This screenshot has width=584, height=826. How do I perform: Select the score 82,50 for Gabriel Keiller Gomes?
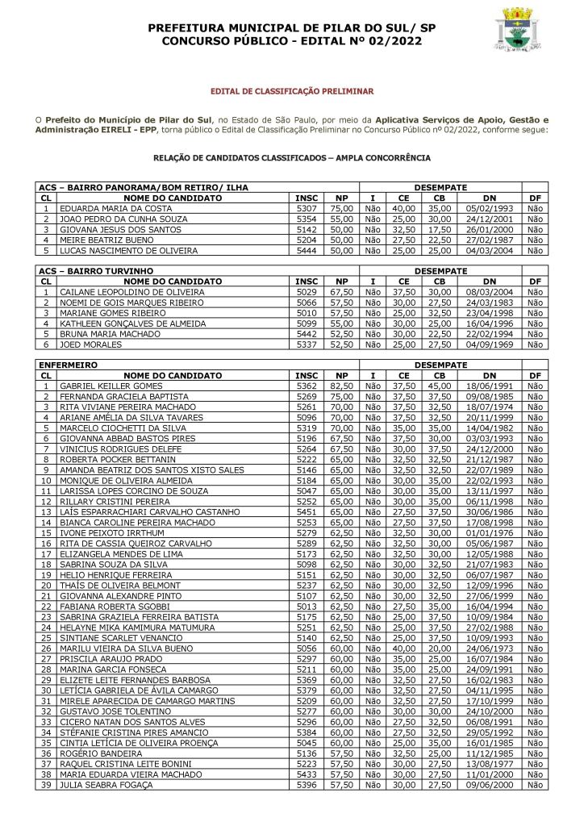(341, 386)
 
